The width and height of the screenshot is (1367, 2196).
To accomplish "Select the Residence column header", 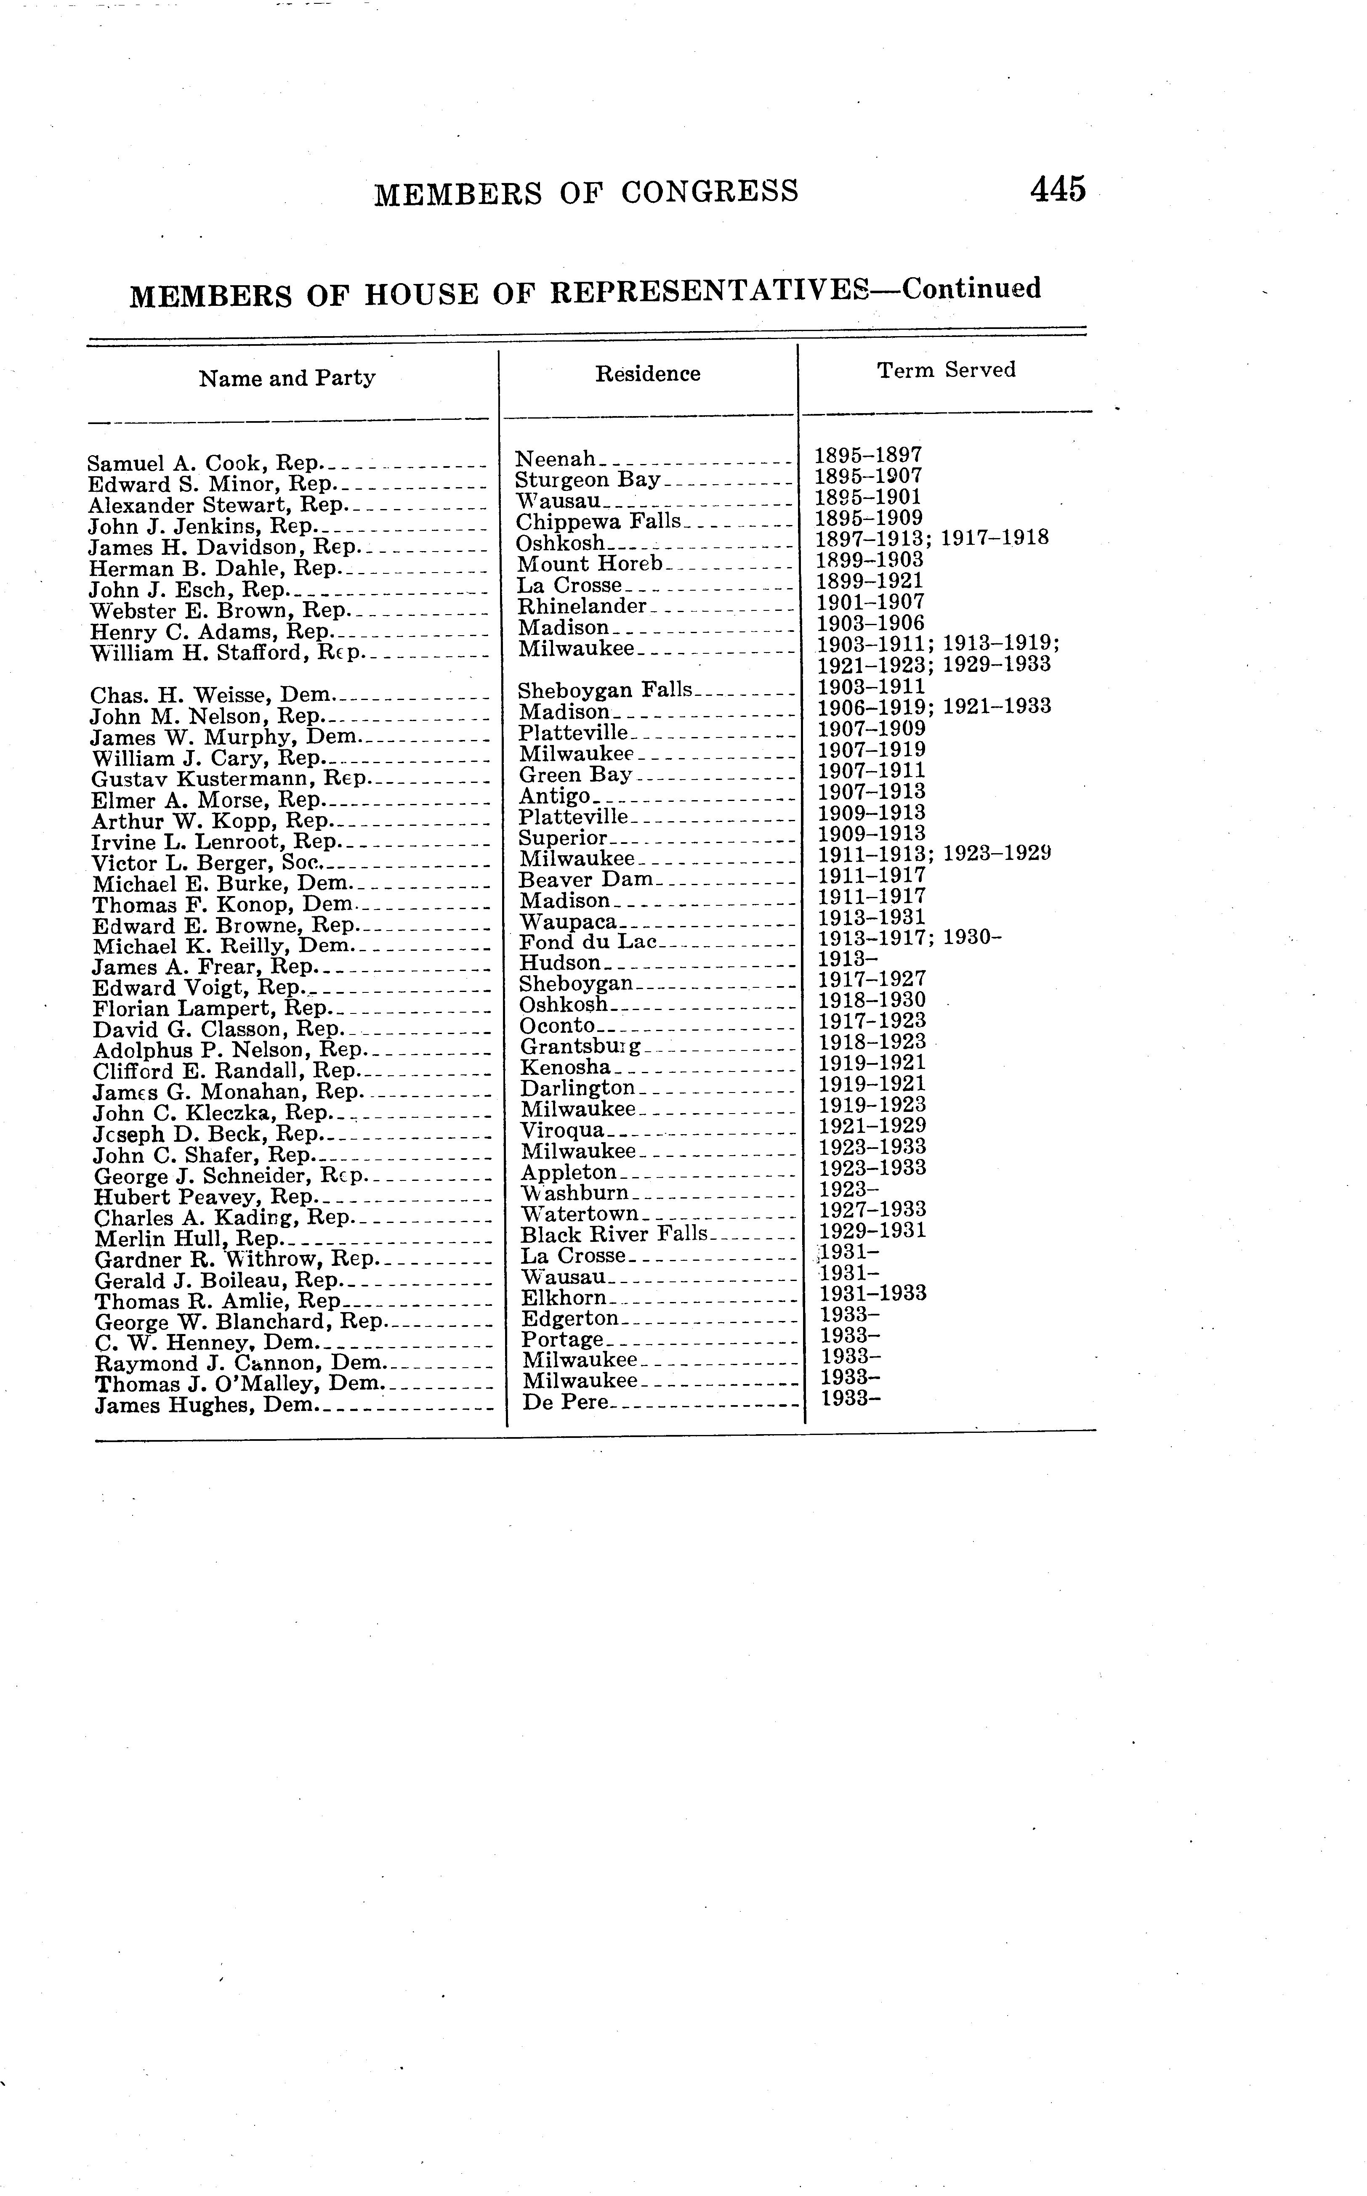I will (x=647, y=373).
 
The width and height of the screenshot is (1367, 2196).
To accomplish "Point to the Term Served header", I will (x=946, y=370).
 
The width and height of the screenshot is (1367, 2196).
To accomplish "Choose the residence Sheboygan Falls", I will (x=604, y=690).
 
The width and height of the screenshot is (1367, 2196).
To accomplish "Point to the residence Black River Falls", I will (x=614, y=1234).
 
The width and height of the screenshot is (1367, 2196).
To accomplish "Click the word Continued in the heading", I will (x=971, y=289).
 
